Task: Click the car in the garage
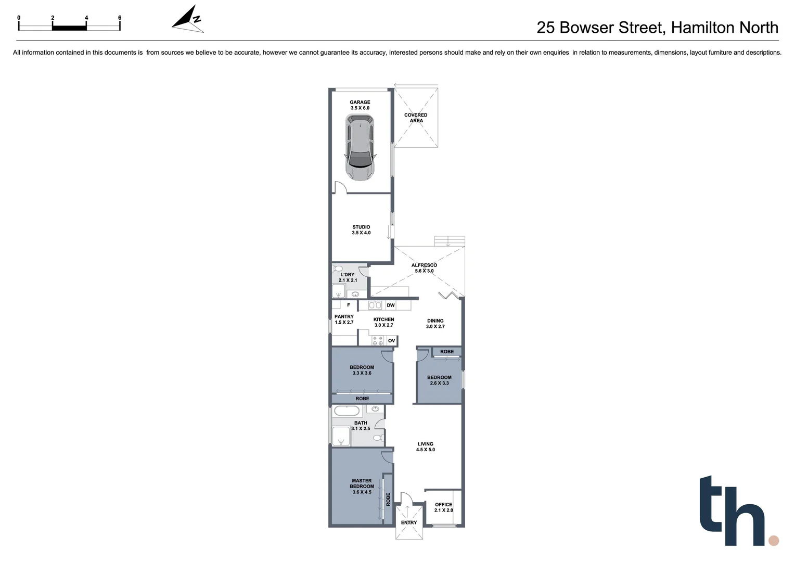point(360,147)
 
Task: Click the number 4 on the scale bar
point(86,18)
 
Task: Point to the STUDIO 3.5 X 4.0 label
point(361,230)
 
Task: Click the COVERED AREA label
point(416,118)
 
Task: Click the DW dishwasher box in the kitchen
point(391,305)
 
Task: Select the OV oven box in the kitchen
point(391,341)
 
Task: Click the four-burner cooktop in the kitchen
point(378,341)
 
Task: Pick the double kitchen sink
point(375,305)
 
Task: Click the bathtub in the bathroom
point(347,411)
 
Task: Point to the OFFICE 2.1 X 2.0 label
point(443,507)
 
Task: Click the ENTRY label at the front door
point(409,522)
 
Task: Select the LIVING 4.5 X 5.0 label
point(425,447)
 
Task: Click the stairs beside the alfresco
point(449,241)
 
